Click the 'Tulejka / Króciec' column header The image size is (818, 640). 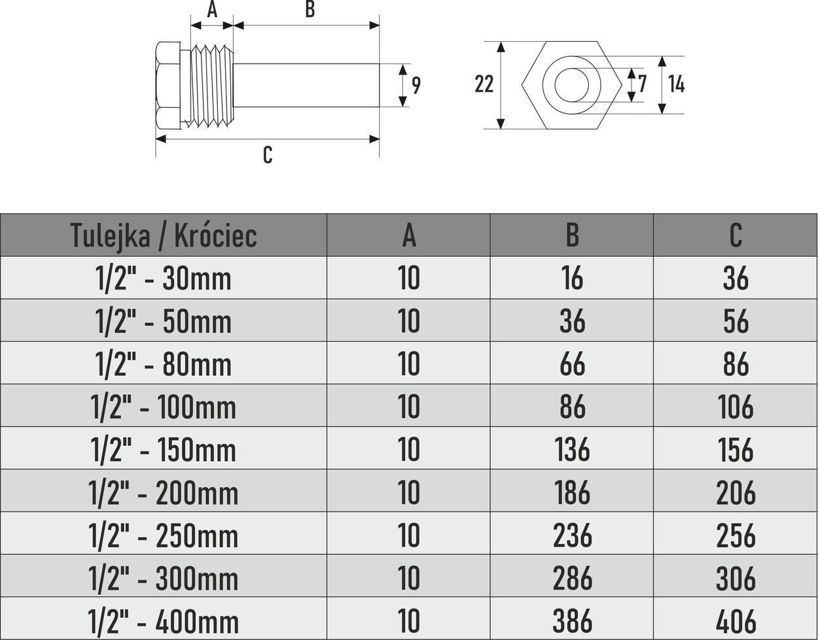click(x=164, y=235)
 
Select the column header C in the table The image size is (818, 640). click(x=736, y=235)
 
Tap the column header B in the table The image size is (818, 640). click(x=572, y=235)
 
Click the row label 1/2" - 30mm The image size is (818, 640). click(x=164, y=278)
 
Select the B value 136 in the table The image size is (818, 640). click(x=572, y=450)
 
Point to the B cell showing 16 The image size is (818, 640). click(x=572, y=278)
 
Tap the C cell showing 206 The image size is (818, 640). click(x=736, y=493)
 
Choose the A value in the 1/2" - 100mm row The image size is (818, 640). click(x=409, y=407)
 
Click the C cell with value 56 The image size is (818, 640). click(x=736, y=322)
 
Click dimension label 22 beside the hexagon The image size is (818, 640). click(x=484, y=84)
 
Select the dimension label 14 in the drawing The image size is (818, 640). click(x=676, y=84)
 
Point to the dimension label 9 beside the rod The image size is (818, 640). click(x=416, y=85)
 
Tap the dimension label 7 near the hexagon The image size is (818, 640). click(x=642, y=84)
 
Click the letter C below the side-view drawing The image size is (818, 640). click(x=267, y=155)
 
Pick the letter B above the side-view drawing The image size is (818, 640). click(x=310, y=10)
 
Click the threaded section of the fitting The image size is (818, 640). click(x=211, y=86)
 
